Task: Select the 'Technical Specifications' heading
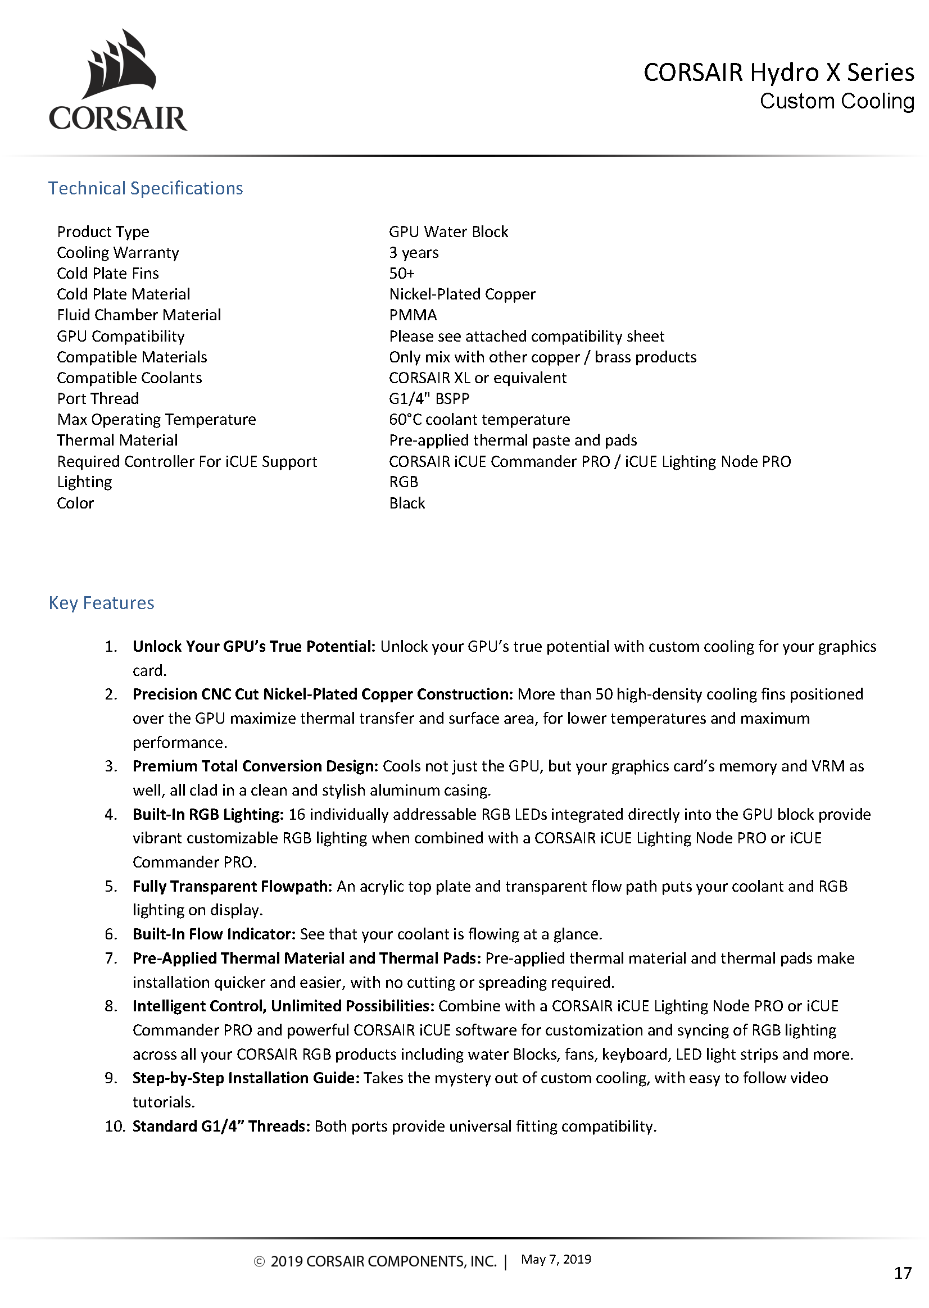click(x=146, y=188)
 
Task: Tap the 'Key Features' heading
click(x=101, y=603)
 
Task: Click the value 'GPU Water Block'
click(x=448, y=231)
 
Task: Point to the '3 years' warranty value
click(x=414, y=252)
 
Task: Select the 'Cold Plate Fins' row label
click(x=107, y=274)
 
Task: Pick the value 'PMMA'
click(x=413, y=315)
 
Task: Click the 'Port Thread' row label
click(x=98, y=398)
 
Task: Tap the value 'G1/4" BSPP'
click(x=429, y=398)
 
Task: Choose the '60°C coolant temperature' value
click(x=479, y=419)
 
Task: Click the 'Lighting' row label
click(x=84, y=482)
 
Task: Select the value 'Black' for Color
click(x=407, y=503)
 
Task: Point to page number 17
click(x=903, y=1273)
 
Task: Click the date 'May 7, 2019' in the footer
click(x=555, y=1259)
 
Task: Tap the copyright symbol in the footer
click(x=259, y=1262)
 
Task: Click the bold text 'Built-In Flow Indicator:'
click(x=214, y=934)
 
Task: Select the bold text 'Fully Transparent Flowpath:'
click(x=232, y=886)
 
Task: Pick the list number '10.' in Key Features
click(x=115, y=1126)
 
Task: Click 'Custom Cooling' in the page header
click(x=836, y=101)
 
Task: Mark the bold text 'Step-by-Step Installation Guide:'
click(x=246, y=1078)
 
